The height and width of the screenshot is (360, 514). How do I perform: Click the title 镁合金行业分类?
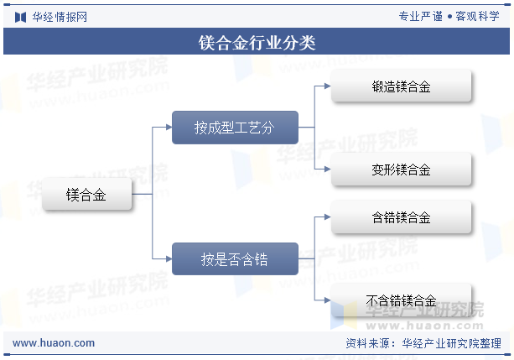pos(257,43)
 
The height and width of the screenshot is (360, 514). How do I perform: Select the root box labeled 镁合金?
pos(87,194)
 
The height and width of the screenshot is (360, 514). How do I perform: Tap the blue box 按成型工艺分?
pos(235,128)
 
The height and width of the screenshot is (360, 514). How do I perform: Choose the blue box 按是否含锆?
pos(235,259)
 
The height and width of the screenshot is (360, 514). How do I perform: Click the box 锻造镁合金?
pos(402,86)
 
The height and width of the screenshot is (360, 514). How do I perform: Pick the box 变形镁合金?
pos(402,169)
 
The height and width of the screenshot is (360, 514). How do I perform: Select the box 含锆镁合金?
pos(402,217)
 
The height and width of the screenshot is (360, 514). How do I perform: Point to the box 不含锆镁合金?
pos(402,300)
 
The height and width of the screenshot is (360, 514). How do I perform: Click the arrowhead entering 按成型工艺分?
pos(169,128)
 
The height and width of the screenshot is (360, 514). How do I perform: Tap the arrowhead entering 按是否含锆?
pos(169,259)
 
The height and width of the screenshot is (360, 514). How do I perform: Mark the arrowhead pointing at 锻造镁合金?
pos(328,86)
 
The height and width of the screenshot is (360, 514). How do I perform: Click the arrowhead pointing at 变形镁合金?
pos(328,169)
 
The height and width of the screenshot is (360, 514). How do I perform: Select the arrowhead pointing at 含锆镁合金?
pos(328,217)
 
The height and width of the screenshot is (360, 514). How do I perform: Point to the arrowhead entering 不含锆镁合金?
pos(328,300)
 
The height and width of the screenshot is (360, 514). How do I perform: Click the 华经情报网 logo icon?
pos(20,17)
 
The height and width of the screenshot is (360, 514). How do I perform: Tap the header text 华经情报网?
pos(60,17)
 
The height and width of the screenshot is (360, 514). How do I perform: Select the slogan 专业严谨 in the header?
pos(421,16)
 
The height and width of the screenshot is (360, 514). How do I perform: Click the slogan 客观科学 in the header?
pos(478,16)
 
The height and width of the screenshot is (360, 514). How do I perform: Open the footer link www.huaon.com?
pos(54,343)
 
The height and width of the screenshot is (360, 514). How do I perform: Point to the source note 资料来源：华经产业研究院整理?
pos(423,343)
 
